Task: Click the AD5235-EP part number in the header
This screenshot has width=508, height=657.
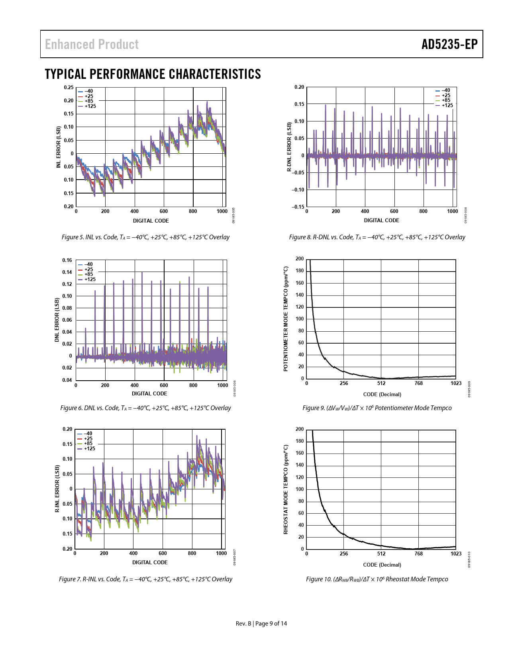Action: (x=449, y=44)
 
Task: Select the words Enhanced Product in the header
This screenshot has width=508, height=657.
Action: (x=92, y=44)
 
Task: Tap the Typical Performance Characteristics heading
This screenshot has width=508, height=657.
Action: (x=153, y=74)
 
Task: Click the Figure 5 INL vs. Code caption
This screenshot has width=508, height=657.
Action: (x=145, y=237)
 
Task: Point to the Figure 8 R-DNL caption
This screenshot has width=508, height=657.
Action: (x=377, y=237)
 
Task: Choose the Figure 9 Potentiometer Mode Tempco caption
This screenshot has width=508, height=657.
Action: (x=377, y=408)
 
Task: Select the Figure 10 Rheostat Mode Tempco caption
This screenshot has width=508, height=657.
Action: (x=377, y=579)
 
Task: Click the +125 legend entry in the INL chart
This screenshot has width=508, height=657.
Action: (x=90, y=106)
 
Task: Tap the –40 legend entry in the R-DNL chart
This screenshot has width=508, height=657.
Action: (x=445, y=90)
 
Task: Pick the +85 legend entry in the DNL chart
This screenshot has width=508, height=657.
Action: (x=88, y=274)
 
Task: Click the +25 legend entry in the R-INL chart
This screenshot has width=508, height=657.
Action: (x=88, y=439)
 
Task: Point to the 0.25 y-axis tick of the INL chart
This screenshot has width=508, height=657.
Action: (x=69, y=88)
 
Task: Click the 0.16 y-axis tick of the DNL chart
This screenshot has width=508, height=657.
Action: (x=67, y=260)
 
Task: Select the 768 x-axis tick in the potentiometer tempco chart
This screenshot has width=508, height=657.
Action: (x=418, y=383)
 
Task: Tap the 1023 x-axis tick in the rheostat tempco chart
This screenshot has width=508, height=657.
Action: (x=456, y=554)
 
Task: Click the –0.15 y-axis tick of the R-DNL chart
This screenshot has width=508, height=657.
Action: (x=298, y=207)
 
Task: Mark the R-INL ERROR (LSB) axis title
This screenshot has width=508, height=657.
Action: (x=58, y=489)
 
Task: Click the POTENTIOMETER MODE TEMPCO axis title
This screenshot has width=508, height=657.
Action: (x=286, y=319)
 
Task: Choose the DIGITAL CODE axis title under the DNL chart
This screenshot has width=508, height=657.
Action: (x=149, y=394)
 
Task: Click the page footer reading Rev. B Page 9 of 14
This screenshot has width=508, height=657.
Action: (x=261, y=624)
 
